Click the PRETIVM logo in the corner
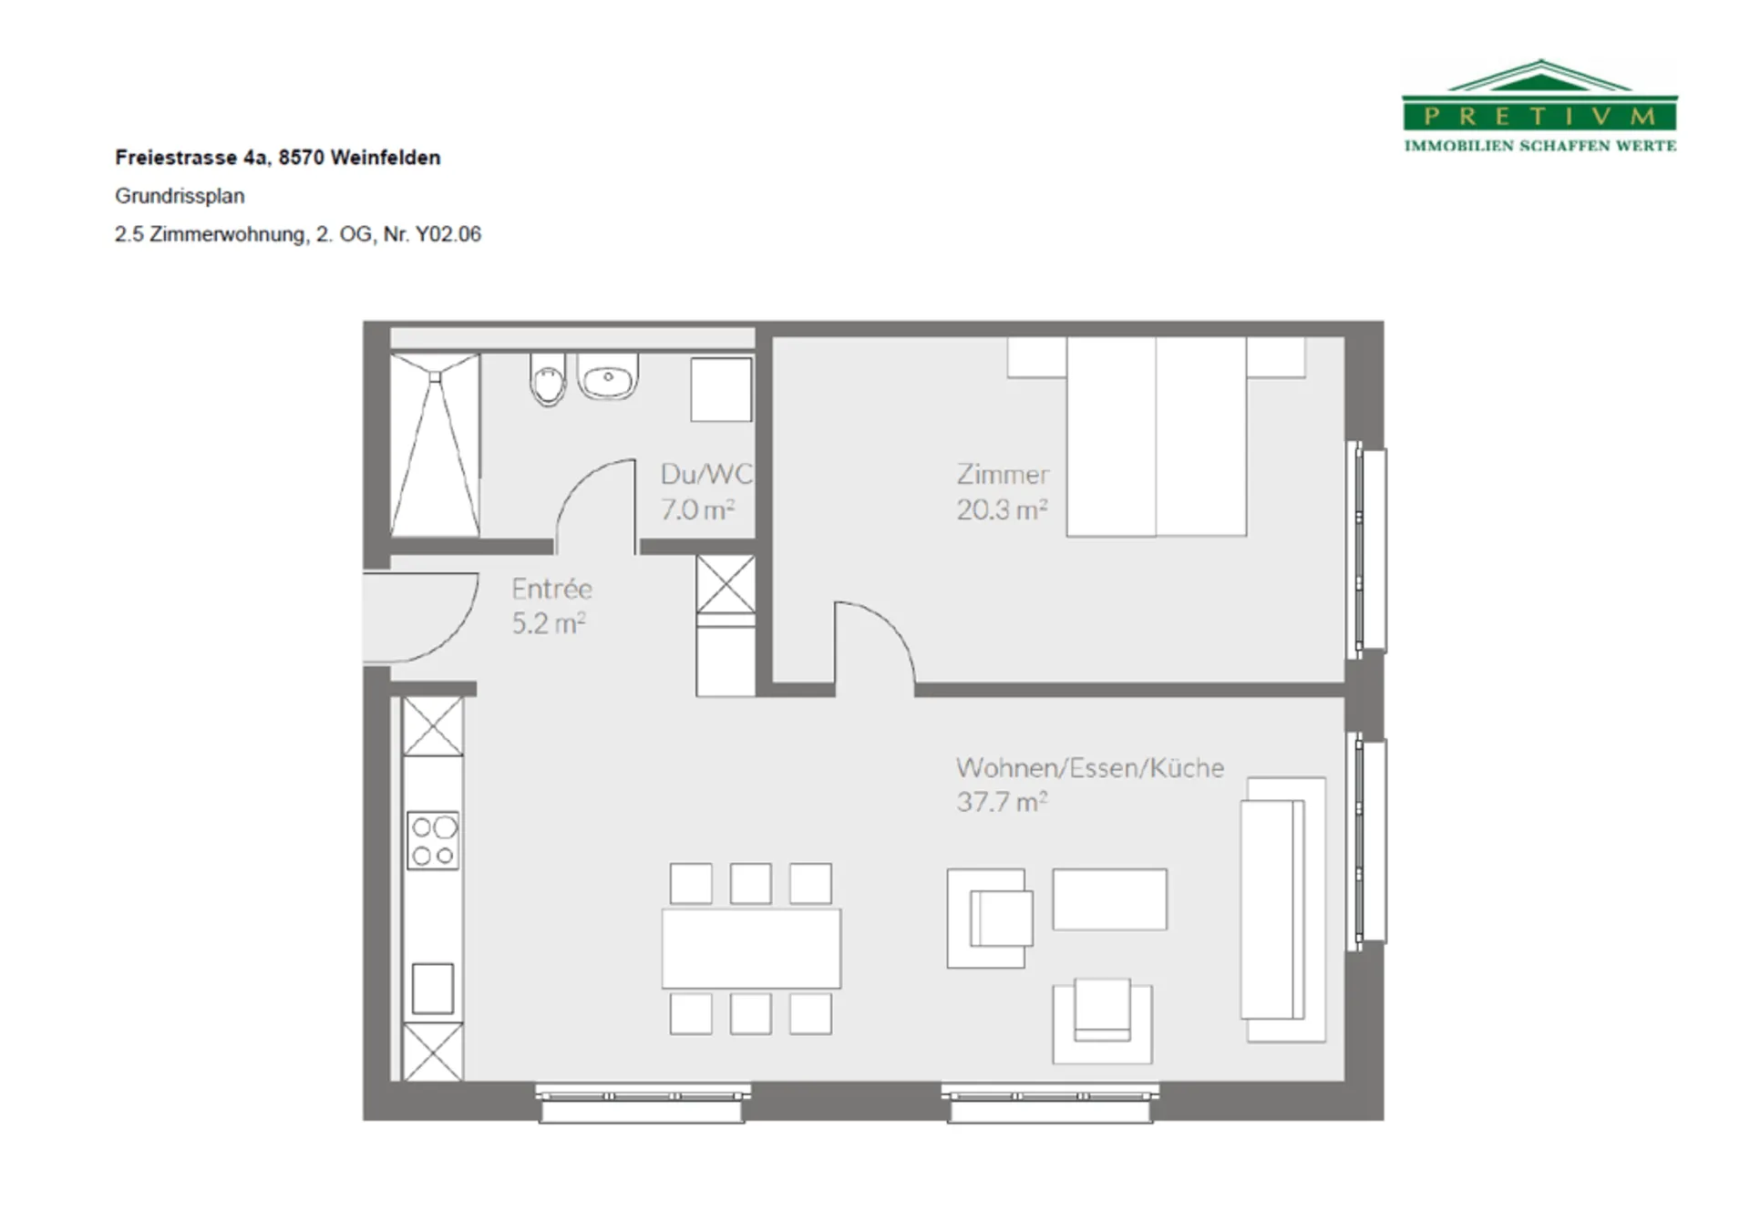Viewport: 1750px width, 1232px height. point(1539,106)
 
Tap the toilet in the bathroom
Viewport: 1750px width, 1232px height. point(548,380)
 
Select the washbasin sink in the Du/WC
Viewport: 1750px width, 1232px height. point(608,377)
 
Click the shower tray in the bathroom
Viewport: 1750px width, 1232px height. point(435,445)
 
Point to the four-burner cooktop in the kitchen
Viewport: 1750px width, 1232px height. point(433,840)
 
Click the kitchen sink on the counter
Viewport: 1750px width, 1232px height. point(433,989)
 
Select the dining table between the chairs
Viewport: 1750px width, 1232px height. point(751,948)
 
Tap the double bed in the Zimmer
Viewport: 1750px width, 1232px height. point(1156,436)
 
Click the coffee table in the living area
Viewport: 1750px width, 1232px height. point(1109,899)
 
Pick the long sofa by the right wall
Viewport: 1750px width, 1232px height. point(1282,909)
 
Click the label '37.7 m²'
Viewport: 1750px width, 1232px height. point(1002,803)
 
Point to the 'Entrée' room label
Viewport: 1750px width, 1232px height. point(551,589)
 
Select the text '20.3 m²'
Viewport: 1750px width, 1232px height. point(1002,509)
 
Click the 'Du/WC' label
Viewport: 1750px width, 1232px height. point(706,474)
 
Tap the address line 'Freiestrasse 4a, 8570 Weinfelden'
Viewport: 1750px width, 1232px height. point(278,158)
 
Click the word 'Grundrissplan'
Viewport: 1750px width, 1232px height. point(180,196)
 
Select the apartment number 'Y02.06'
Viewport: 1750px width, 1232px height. point(448,234)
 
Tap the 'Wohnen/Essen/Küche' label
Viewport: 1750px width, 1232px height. point(1090,768)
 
